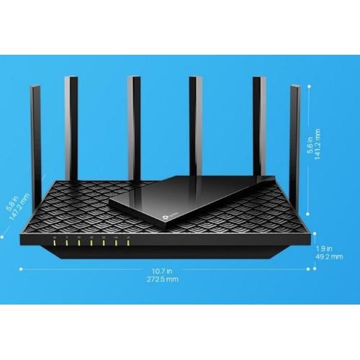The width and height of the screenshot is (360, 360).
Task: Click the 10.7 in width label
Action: (x=162, y=271)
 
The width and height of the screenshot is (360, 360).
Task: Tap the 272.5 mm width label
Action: (x=163, y=279)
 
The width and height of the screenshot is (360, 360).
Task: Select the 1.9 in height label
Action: (x=324, y=248)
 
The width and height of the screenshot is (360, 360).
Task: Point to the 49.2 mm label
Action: (x=329, y=256)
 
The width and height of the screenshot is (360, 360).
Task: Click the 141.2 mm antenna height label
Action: (x=318, y=145)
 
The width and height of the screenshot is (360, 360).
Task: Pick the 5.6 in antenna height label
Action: (x=310, y=145)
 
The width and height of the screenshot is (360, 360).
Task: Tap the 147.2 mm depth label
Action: (x=19, y=207)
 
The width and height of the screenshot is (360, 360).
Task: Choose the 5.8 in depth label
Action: (x=12, y=204)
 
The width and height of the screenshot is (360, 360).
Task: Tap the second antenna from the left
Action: (x=71, y=130)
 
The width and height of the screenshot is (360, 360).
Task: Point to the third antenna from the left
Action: (x=134, y=129)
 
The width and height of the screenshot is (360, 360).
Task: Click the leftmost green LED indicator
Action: (x=55, y=243)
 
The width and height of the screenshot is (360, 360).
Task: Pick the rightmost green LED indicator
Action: (x=128, y=243)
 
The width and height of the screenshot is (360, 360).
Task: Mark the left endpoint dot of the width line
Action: (x=21, y=269)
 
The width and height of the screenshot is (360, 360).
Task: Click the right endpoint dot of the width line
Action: (x=308, y=269)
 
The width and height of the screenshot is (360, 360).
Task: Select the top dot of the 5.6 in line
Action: (x=309, y=86)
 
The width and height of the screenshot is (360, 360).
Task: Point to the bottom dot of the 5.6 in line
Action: (x=308, y=213)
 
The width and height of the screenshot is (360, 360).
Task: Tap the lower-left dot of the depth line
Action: (x=1, y=237)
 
